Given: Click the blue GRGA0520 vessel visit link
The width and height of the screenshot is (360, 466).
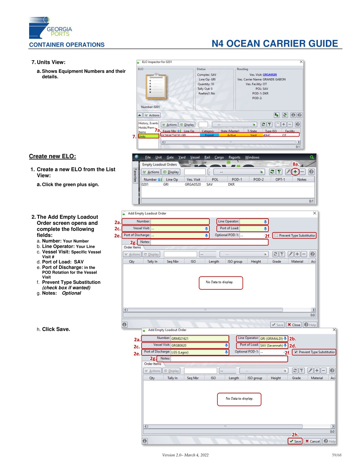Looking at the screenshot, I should tap(269, 75).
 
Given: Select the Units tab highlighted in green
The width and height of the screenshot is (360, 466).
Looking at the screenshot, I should tap(148, 137).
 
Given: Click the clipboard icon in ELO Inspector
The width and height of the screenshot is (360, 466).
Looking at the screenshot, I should tap(156, 86).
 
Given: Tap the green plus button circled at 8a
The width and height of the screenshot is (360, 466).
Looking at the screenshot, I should tap(295, 172).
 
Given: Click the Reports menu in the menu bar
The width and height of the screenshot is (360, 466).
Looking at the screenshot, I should tap(234, 157).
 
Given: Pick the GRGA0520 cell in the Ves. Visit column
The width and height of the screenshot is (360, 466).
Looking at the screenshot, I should tap(193, 184).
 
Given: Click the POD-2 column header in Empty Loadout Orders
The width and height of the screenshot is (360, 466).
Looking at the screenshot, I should tap(258, 179).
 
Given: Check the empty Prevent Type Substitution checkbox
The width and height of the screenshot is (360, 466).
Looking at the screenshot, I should tap(276, 235).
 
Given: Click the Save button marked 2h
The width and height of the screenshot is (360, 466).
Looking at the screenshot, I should tap(295, 441).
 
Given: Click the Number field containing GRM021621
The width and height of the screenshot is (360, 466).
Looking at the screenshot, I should tap(199, 339).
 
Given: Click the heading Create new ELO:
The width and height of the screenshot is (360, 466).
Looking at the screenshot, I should tap(52, 156).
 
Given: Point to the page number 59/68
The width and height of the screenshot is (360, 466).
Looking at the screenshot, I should tap(336, 455).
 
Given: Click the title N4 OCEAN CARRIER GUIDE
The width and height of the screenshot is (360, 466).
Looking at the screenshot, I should tap(275, 44).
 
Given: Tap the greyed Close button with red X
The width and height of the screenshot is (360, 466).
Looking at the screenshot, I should tap(294, 325).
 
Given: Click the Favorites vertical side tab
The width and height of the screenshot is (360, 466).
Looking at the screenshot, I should tap(135, 175).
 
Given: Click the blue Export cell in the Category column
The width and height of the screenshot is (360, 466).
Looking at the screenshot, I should tap(209, 135).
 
